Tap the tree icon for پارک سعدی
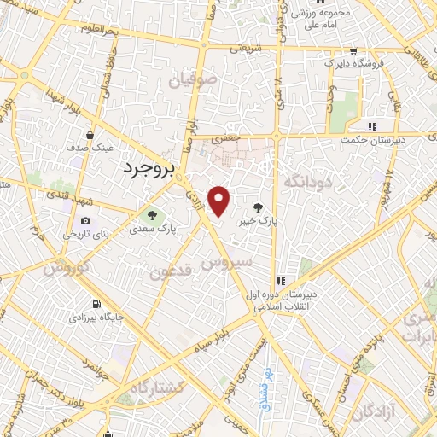[153, 215]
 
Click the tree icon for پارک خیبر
[258, 206]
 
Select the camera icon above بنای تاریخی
[85, 220]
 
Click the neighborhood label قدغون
[172, 271]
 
